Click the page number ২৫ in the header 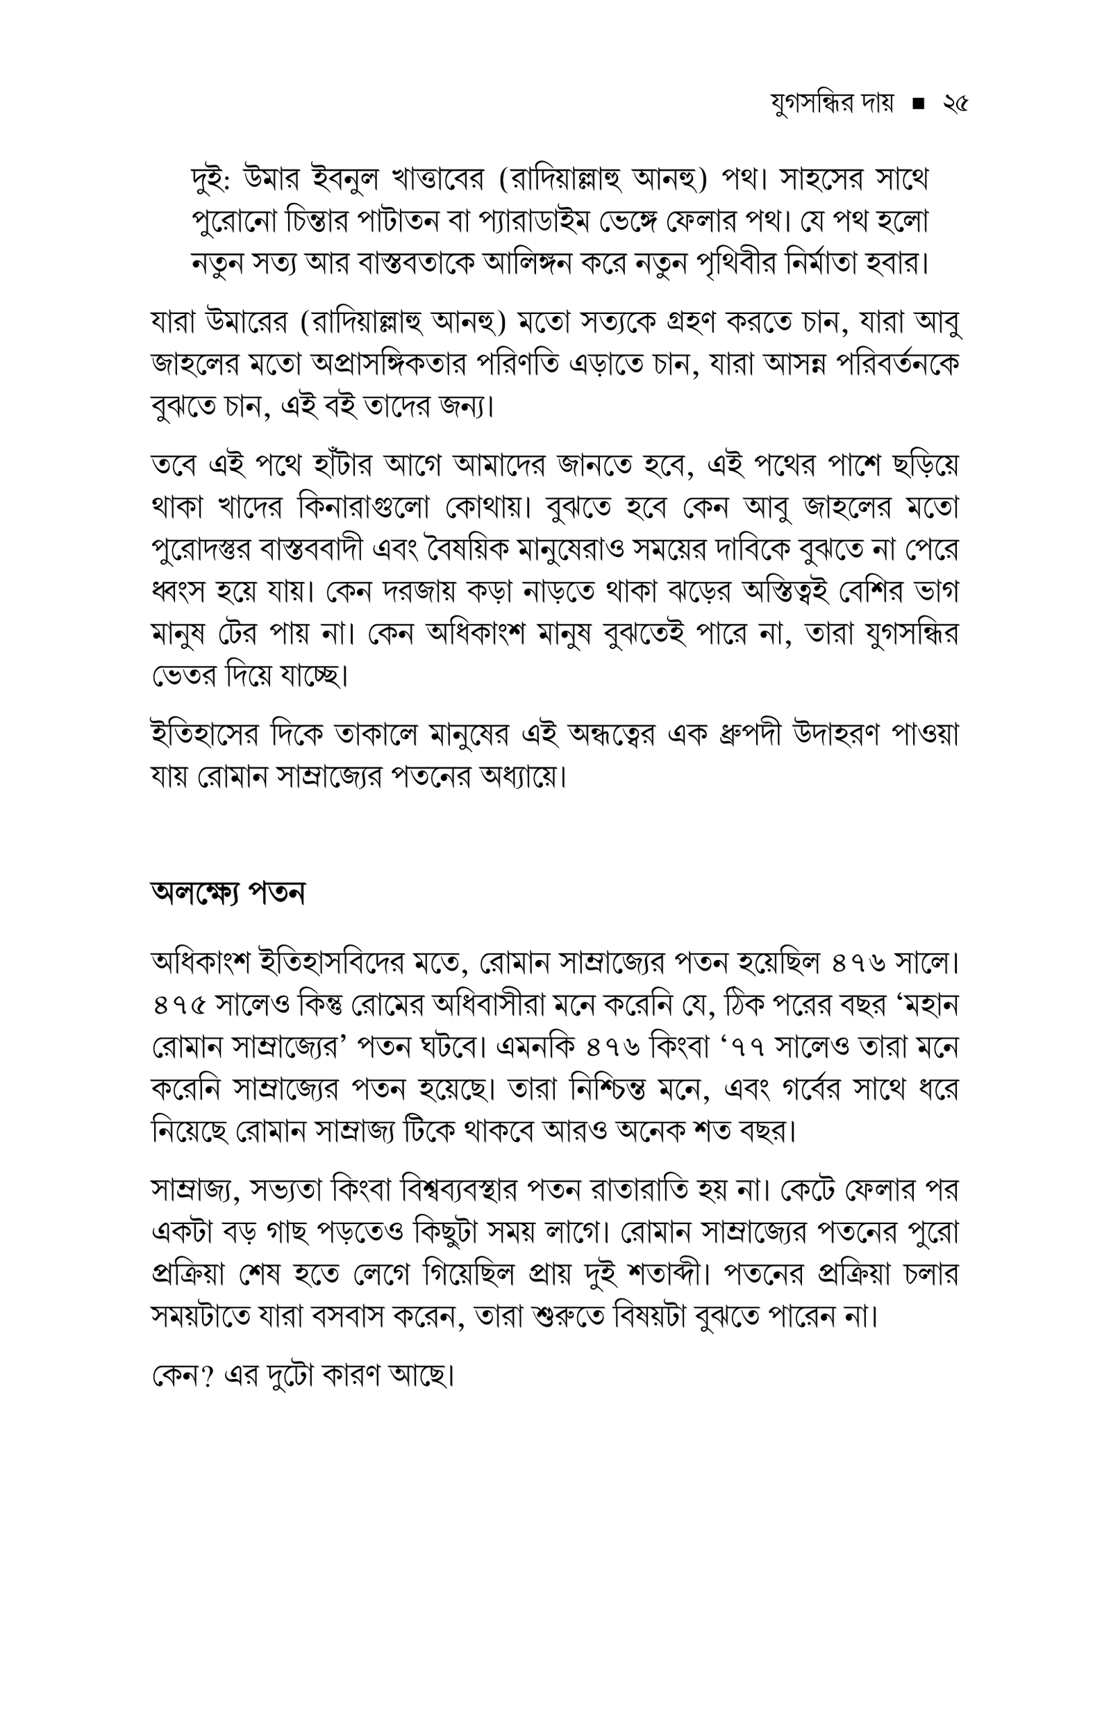pyautogui.click(x=955, y=106)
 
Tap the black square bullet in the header pyautogui.click(x=919, y=106)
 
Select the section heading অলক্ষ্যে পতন pyautogui.click(x=228, y=893)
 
